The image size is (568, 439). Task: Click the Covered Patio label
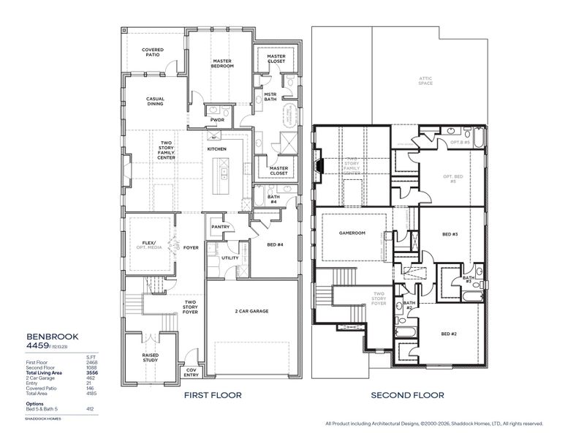(154, 52)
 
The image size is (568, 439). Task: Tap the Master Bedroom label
(222, 64)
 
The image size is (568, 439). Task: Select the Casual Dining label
(154, 102)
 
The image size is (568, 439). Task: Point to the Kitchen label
(216, 149)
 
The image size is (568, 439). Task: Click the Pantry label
(221, 227)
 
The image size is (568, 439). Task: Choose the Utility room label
(230, 258)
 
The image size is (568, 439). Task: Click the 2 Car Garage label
(252, 312)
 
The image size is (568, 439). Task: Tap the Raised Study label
(151, 359)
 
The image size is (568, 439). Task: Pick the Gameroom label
(352, 234)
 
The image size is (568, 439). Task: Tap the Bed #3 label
(450, 234)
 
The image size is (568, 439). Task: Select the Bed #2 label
(450, 334)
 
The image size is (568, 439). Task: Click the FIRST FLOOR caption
(213, 395)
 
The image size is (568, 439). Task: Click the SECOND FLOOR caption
(407, 395)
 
